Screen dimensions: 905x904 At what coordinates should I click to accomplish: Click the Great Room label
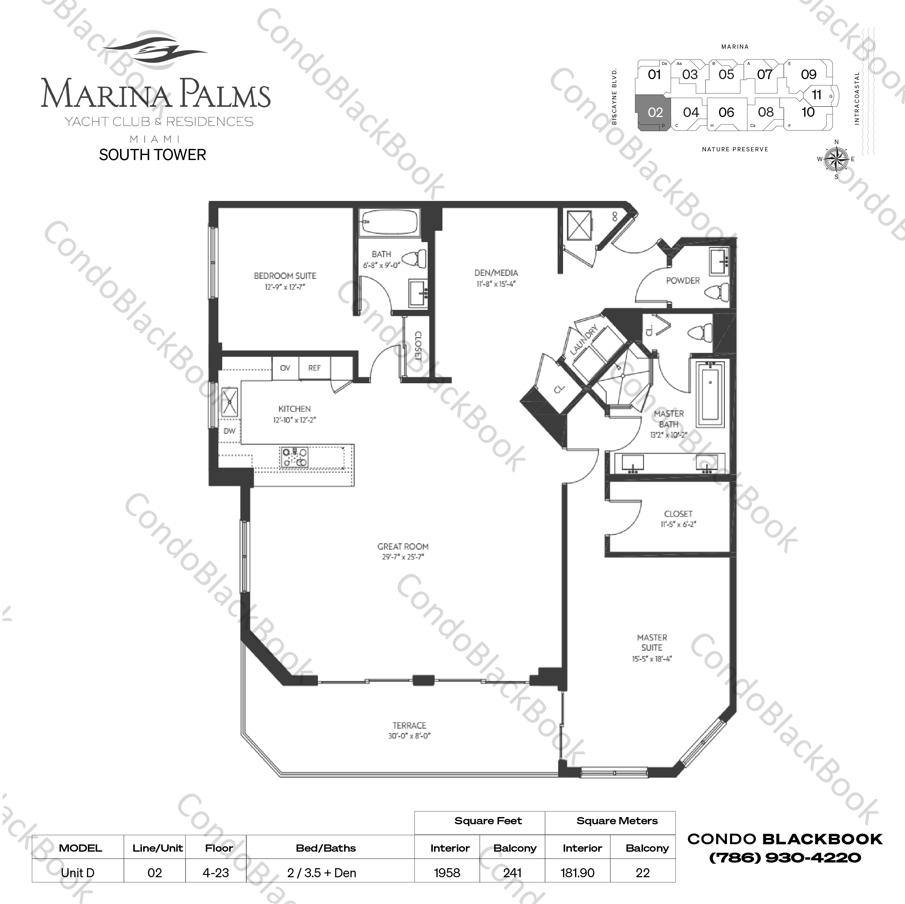click(403, 546)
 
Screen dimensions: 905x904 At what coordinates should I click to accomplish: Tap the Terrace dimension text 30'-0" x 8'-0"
click(409, 736)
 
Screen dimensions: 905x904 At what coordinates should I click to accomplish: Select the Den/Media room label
click(496, 273)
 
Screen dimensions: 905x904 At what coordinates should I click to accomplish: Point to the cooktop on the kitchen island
click(294, 457)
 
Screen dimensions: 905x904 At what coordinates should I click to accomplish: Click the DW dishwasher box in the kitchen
click(229, 431)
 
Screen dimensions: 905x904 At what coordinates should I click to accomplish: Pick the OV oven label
click(285, 368)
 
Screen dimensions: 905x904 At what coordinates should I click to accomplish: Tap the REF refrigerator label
click(314, 368)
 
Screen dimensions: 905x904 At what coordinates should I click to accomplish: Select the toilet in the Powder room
click(717, 292)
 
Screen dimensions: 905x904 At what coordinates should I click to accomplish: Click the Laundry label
click(584, 340)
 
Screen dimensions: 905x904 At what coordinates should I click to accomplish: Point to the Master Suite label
click(652, 643)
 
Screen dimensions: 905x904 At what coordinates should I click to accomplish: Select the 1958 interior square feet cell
click(447, 873)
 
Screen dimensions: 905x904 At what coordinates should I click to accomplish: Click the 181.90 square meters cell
click(577, 873)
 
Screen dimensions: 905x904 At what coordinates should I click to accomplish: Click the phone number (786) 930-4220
click(785, 858)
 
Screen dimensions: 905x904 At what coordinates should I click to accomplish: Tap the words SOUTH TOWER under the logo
click(153, 155)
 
